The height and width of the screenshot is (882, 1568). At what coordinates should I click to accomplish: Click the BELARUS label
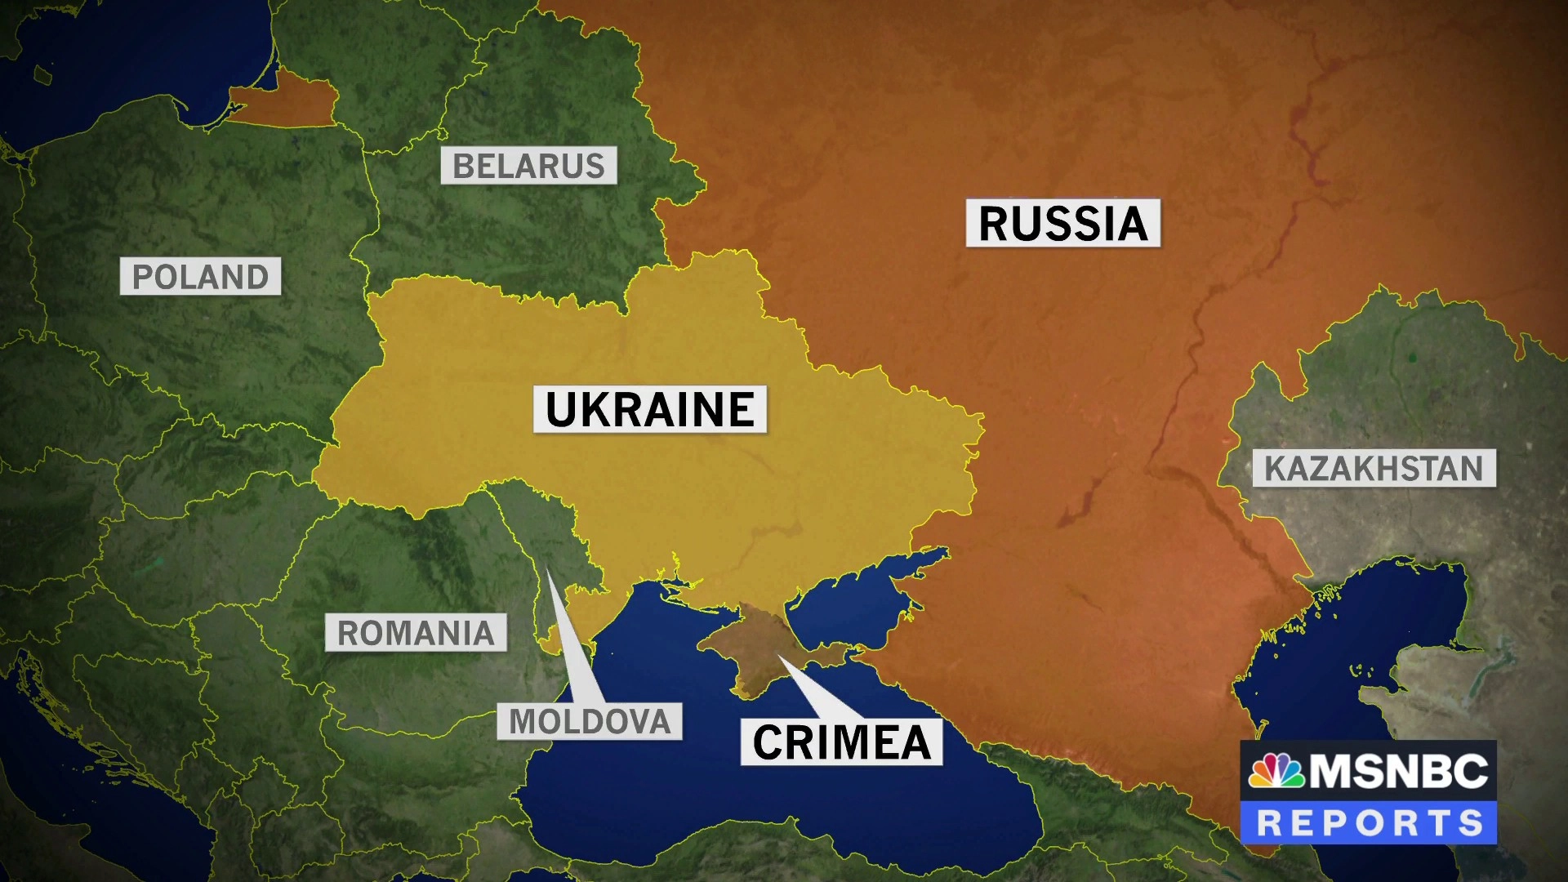pyautogui.click(x=528, y=166)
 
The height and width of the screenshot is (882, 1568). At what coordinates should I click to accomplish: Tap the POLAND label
pyautogui.click(x=200, y=277)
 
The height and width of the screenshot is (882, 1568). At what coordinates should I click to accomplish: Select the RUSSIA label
pyautogui.click(x=1062, y=223)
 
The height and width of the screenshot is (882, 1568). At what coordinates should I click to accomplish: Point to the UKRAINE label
pyautogui.click(x=650, y=409)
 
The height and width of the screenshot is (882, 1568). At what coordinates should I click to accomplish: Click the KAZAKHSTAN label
pyautogui.click(x=1374, y=468)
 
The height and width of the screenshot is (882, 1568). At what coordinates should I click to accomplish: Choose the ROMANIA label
pyautogui.click(x=416, y=633)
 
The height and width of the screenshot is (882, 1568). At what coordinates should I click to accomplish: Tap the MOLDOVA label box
pyautogui.click(x=590, y=721)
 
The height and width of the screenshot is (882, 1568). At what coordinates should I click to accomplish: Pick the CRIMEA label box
pyautogui.click(x=841, y=742)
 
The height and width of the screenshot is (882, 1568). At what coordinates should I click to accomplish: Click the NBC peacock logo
pyautogui.click(x=1276, y=771)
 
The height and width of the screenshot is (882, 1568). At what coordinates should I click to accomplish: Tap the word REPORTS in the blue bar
pyautogui.click(x=1369, y=822)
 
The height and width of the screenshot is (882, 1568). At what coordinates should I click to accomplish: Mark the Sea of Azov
pyautogui.click(x=857, y=596)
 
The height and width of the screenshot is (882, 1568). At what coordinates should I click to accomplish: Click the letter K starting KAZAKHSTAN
pyautogui.click(x=1274, y=468)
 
